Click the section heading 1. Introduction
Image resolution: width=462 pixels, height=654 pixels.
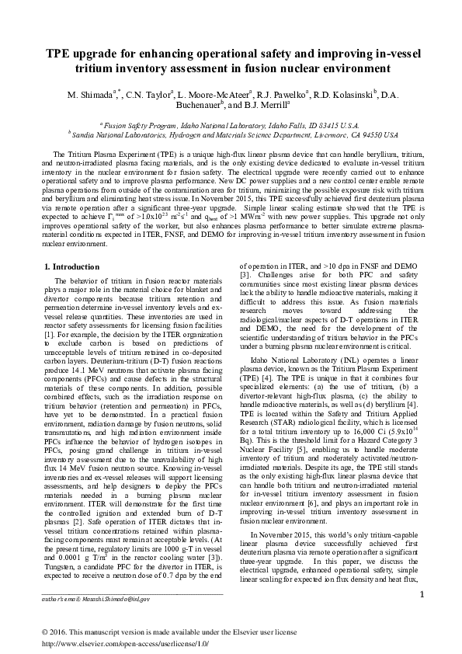tap(72, 266)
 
